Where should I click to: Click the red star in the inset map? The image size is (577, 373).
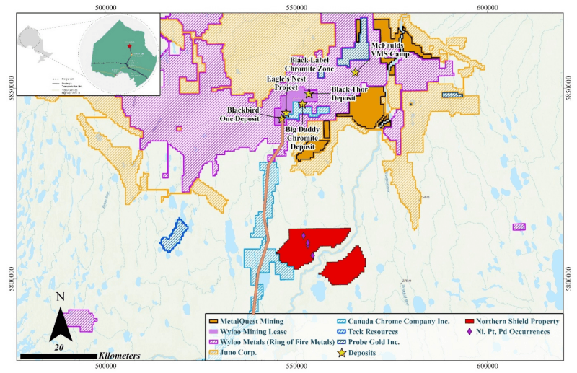[x=130, y=46]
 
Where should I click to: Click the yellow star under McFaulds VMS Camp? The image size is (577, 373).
[x=355, y=72]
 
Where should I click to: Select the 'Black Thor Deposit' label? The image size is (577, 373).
[x=351, y=94]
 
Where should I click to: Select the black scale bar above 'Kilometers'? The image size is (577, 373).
[x=58, y=356]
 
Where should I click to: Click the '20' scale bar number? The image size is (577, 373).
[x=60, y=347]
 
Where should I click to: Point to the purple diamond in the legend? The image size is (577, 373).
[x=470, y=331]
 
